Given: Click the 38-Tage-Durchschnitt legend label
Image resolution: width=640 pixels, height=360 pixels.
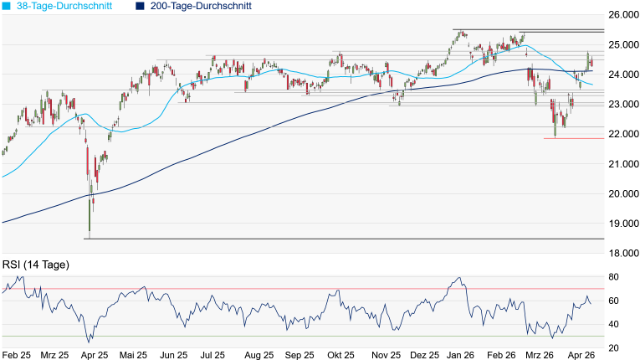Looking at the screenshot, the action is (64, 6).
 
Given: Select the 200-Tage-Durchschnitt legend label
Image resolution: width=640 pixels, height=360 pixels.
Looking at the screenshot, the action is (201, 6).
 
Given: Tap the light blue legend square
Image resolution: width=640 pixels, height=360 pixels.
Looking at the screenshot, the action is (7, 6).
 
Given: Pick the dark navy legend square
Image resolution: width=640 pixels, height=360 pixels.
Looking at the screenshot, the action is (140, 6).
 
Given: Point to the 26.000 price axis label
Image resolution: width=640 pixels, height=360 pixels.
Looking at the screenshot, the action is (623, 15).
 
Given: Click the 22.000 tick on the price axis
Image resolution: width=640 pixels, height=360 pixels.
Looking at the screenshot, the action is (623, 134).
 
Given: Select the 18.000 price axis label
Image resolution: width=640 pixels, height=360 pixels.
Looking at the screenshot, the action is (623, 254).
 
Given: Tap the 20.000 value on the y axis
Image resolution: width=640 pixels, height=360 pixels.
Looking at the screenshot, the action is (623, 193).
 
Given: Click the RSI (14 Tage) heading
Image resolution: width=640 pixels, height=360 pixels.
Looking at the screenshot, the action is (36, 265).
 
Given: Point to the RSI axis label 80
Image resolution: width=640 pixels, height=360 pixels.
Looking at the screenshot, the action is (613, 277).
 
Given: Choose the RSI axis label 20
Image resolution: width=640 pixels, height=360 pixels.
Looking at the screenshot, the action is (613, 348).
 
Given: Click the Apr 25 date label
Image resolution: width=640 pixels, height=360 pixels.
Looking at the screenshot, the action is (95, 355).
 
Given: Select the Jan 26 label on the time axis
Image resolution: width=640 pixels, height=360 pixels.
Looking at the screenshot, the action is (460, 355).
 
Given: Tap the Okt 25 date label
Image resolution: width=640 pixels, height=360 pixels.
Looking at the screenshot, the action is (340, 355).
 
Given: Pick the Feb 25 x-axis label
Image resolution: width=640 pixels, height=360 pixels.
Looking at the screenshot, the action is (17, 355).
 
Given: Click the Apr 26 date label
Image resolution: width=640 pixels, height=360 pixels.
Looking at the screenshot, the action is (581, 355).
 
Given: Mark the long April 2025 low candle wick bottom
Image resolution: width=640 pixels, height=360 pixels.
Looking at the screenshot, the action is (90, 239).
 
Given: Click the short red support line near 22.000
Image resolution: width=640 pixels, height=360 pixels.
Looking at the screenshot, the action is (574, 138).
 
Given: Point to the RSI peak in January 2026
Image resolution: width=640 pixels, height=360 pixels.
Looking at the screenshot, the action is (459, 278).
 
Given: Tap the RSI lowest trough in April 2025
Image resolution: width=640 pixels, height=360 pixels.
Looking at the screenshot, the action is (89, 342).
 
